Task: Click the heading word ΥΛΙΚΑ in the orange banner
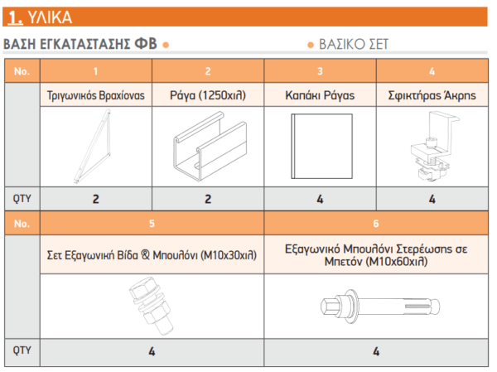tap(50, 17)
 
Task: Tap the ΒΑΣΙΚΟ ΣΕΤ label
tap(354, 44)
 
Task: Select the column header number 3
tap(320, 71)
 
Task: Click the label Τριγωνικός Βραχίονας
tap(96, 95)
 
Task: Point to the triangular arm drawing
tap(93, 147)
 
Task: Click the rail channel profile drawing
tap(210, 146)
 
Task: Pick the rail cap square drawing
tap(321, 146)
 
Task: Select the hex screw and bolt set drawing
tap(151, 306)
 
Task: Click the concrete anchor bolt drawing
tap(380, 307)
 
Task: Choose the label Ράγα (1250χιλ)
tap(208, 95)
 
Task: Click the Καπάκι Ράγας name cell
tap(320, 95)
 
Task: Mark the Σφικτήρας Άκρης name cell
tap(432, 95)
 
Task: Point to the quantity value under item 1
tap(96, 199)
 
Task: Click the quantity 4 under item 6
tap(376, 351)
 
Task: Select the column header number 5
tap(152, 224)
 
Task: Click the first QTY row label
tap(22, 199)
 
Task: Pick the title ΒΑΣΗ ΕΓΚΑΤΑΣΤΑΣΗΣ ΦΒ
tap(80, 44)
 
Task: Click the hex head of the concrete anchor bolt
tap(328, 307)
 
